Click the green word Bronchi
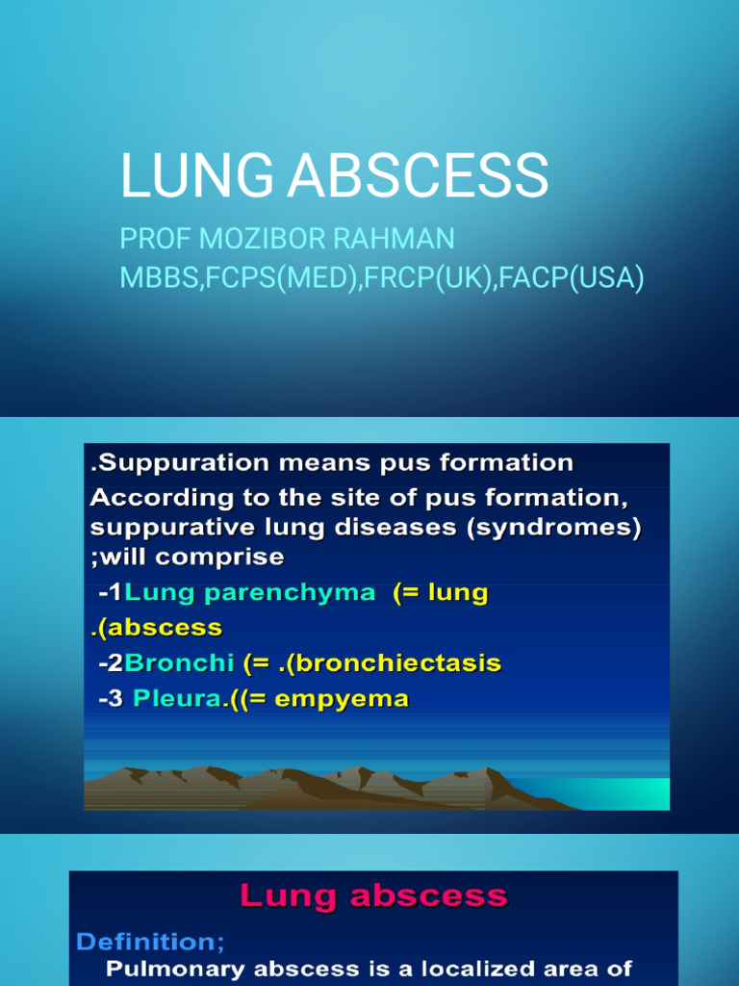pos(178,663)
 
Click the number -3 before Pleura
pos(111,699)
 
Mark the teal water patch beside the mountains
pos(631,792)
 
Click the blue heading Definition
pos(148,941)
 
